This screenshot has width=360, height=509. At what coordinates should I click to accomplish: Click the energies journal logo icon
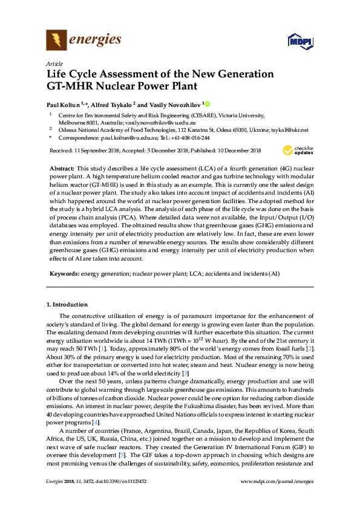[56, 41]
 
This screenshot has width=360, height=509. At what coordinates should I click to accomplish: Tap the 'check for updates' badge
[297, 150]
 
